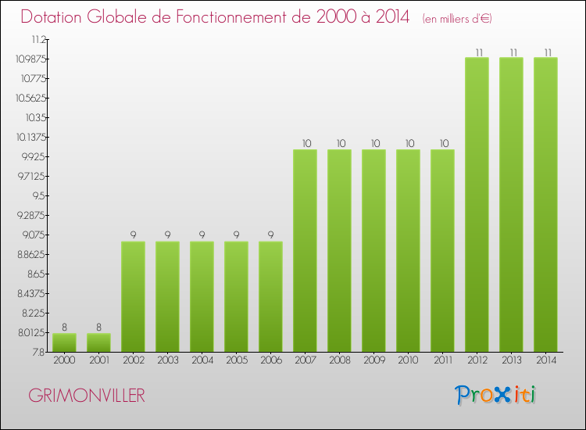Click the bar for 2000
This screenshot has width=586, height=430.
tap(64, 342)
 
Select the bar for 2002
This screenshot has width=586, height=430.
tap(133, 296)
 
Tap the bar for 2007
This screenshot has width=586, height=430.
tap(305, 250)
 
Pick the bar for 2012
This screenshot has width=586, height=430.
tap(477, 204)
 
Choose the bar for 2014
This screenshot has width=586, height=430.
tap(545, 204)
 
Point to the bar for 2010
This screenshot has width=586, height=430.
tap(408, 250)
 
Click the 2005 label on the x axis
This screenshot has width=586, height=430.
tap(236, 360)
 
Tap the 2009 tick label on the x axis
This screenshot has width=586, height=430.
tap(373, 360)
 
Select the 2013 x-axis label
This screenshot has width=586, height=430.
tap(511, 360)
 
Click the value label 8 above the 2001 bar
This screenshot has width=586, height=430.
tap(98, 328)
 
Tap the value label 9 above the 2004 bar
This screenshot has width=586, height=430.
tap(202, 235)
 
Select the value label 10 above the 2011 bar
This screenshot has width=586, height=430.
tap(442, 143)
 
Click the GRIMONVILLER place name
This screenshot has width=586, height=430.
tap(86, 396)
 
